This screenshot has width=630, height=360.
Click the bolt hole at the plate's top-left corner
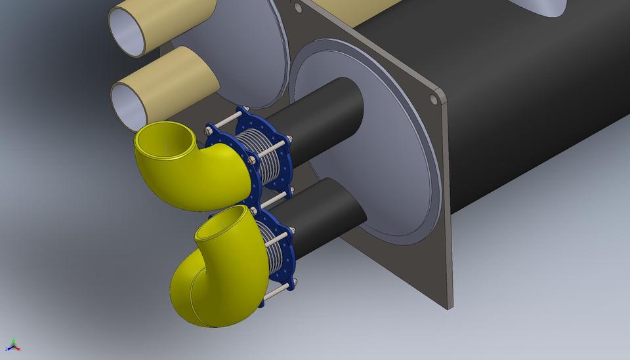point(299,7)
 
